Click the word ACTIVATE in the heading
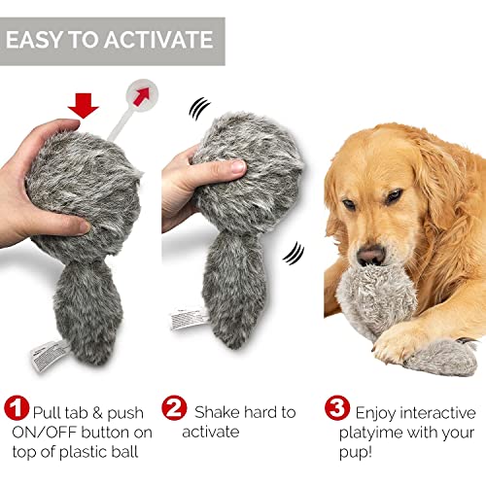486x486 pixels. tap(156, 40)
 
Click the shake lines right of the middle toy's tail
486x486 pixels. tap(291, 255)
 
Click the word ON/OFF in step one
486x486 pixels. tap(45, 433)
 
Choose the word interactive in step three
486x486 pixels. tap(433, 412)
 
